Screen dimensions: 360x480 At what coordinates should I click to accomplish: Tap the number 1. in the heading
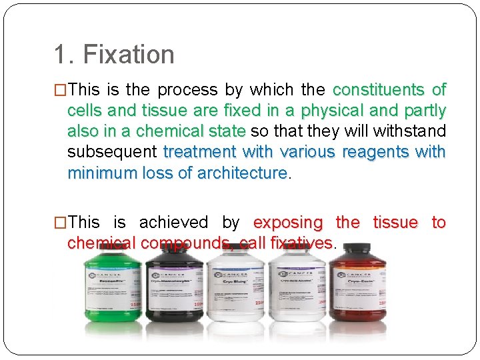coord(65,55)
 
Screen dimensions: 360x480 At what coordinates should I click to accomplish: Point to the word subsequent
coord(112,152)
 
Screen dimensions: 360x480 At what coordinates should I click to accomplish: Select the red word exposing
coord(289,223)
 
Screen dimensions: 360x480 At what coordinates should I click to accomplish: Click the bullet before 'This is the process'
coord(60,90)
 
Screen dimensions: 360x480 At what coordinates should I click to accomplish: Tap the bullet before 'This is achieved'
coord(60,223)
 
